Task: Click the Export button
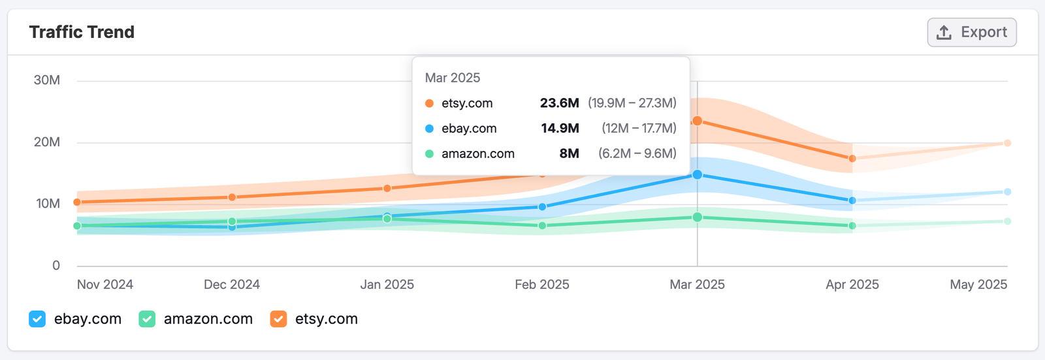tap(972, 33)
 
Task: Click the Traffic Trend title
tap(82, 32)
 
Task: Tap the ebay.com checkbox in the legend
tap(37, 319)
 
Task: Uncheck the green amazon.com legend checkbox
tap(147, 319)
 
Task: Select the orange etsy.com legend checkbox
tap(278, 319)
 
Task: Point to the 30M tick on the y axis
tap(47, 80)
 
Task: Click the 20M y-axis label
tap(47, 142)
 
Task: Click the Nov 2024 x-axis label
tap(105, 284)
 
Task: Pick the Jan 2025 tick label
tap(387, 284)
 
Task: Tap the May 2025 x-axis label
tap(978, 284)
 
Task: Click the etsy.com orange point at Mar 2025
tap(698, 121)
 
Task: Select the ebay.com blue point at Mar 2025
tap(698, 174)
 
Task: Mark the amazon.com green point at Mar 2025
tap(698, 217)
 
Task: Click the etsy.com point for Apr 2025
tap(852, 159)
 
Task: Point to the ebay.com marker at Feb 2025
tap(542, 206)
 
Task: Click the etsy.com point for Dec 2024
tap(232, 197)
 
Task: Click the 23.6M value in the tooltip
tap(559, 103)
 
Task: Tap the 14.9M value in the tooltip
tap(560, 128)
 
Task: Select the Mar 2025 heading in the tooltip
tap(452, 78)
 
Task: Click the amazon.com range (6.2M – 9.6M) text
tap(637, 154)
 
